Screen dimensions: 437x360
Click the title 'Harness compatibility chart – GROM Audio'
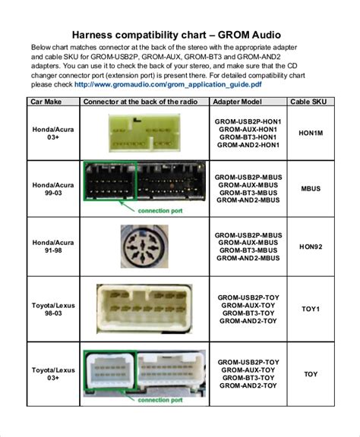[180, 35]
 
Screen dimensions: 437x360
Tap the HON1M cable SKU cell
[310, 133]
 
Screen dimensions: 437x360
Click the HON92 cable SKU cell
[310, 246]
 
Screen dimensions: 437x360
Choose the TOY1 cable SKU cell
[310, 309]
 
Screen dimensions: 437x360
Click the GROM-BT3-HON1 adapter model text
[248, 137]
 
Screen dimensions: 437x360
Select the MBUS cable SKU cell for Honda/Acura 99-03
[310, 188]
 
